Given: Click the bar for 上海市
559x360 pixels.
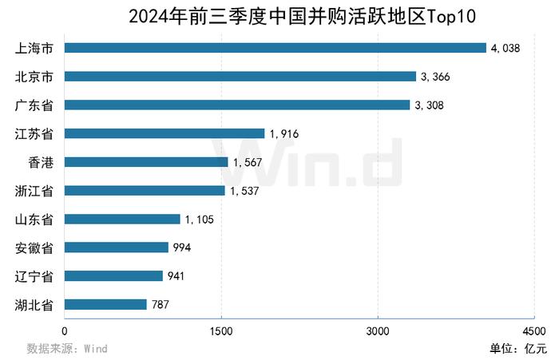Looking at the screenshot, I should [x=275, y=48].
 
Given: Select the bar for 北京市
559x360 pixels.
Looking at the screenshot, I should [x=240, y=77].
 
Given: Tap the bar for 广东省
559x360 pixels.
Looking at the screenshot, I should [x=236, y=105].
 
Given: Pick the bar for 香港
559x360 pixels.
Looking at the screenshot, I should [x=145, y=162].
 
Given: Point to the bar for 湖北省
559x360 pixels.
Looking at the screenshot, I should [x=105, y=304].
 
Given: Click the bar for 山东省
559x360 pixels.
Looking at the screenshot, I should [x=121, y=219].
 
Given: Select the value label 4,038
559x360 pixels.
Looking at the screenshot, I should [x=505, y=49].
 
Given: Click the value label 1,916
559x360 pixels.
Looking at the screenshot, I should [x=284, y=134].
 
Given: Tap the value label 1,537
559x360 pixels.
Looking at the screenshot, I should [x=245, y=191].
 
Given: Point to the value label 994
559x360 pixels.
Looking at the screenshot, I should [x=183, y=248].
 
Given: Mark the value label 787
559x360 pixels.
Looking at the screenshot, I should [x=162, y=305].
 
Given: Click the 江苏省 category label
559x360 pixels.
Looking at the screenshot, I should [x=34, y=133].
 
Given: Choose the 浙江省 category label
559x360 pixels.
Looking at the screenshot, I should [x=34, y=191].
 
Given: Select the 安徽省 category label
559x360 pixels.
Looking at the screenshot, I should [x=34, y=247].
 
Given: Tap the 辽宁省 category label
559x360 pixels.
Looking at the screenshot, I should [x=34, y=276].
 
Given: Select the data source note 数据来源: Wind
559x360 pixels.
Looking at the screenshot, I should [x=67, y=348].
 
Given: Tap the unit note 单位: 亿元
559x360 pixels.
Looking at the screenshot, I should [x=518, y=348].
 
